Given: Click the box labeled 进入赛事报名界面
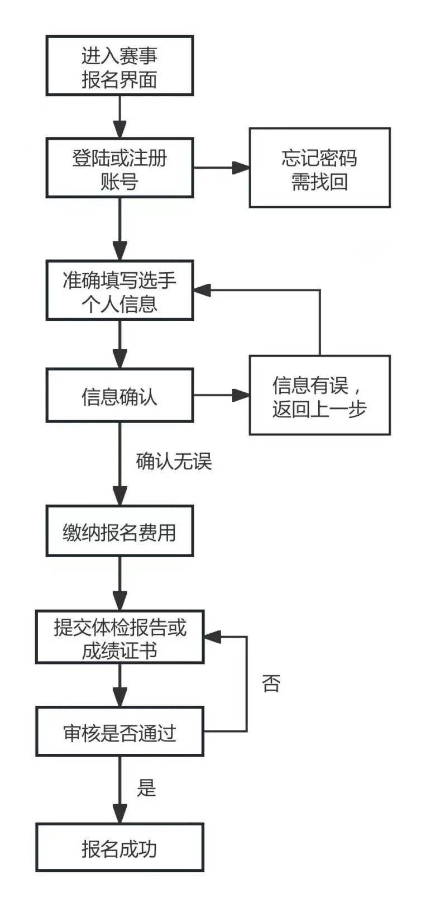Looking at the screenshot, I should [x=119, y=66].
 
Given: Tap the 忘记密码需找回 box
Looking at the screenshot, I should [x=319, y=168].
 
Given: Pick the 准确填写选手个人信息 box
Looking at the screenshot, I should [x=119, y=290].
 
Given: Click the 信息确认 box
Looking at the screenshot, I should [x=119, y=395].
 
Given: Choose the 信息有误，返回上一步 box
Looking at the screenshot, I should [x=319, y=395].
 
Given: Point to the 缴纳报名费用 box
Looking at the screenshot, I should [x=119, y=531].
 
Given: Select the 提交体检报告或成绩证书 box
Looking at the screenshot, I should [x=119, y=637].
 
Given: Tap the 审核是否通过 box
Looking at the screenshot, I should [x=119, y=732].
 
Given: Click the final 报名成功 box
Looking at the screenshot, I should [x=119, y=847].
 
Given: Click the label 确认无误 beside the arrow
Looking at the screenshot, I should [x=174, y=462].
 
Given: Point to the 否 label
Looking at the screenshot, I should [x=271, y=683].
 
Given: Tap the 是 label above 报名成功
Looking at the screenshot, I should [x=146, y=787].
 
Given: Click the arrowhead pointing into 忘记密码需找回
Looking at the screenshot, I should [x=241, y=168].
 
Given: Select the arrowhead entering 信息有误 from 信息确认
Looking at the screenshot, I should [x=241, y=395].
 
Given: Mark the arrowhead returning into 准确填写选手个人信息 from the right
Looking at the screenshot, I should [x=202, y=290].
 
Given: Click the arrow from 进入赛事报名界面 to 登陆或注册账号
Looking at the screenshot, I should [x=119, y=117].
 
